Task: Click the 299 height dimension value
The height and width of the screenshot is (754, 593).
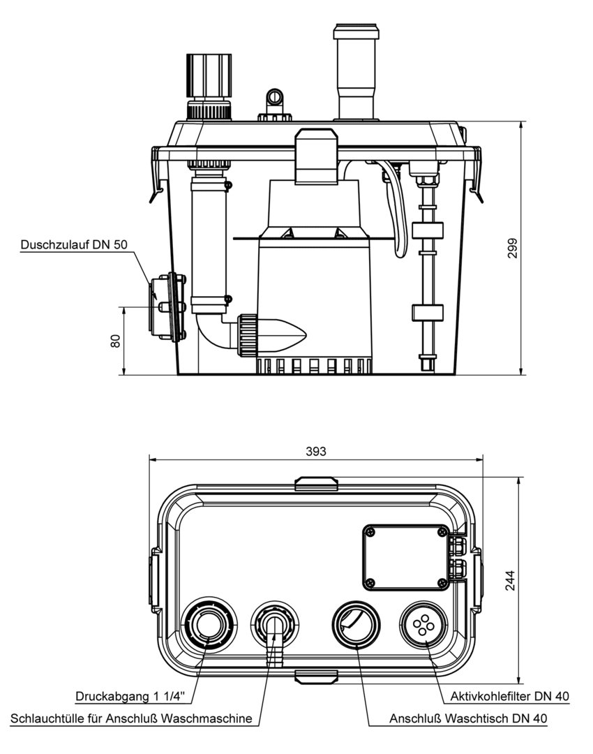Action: pyautogui.click(x=513, y=249)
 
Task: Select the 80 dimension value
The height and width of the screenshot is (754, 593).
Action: pyautogui.click(x=116, y=340)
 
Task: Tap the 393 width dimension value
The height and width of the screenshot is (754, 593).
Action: pyautogui.click(x=317, y=451)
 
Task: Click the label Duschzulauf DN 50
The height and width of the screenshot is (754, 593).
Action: pyautogui.click(x=74, y=245)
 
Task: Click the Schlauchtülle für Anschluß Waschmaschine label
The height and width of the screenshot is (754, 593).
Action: pyautogui.click(x=131, y=718)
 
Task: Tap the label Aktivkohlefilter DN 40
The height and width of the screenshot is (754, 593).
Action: pyautogui.click(x=510, y=696)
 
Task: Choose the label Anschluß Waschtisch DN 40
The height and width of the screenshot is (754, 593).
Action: pyautogui.click(x=468, y=718)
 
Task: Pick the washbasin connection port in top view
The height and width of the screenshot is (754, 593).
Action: pyautogui.click(x=356, y=623)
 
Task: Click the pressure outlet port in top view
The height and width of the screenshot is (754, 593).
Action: pyautogui.click(x=207, y=623)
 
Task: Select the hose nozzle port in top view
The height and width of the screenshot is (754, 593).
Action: pyautogui.click(x=276, y=623)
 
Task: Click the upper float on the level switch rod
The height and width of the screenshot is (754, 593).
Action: pyautogui.click(x=428, y=232)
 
